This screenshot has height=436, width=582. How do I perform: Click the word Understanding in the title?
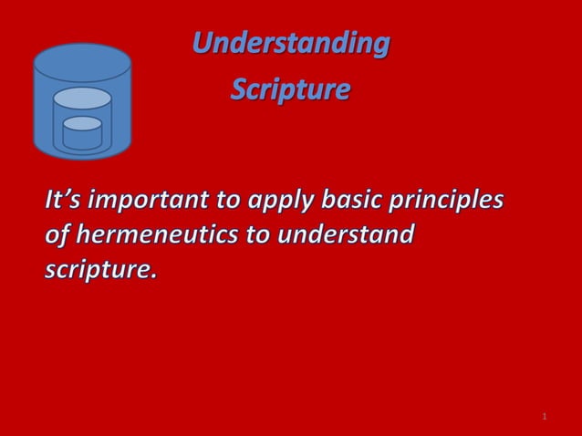pos(290,43)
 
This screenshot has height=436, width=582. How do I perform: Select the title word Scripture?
pos(289,91)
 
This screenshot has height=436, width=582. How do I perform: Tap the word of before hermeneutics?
pos(57,234)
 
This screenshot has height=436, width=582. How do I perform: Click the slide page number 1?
pos(544,417)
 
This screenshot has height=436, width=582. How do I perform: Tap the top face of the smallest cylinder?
pos(82,123)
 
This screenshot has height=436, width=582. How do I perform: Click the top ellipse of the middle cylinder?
pos(82,98)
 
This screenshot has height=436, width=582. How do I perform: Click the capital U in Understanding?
pos(203,43)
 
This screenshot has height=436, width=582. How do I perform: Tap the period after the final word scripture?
pos(153,275)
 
